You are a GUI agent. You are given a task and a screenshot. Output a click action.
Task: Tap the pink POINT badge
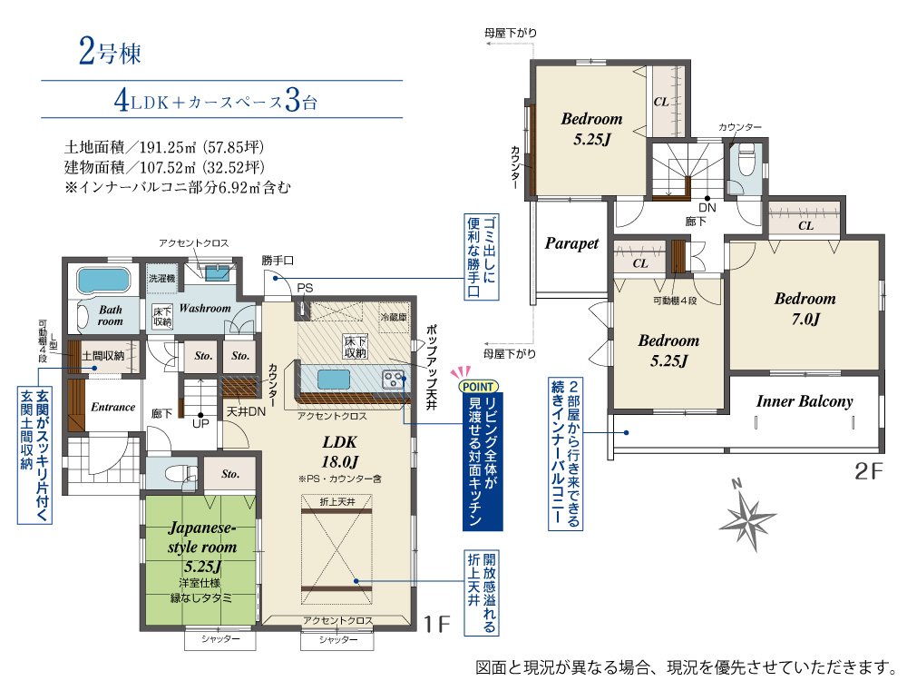tap(478, 386)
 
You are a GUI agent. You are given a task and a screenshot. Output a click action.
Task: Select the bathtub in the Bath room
tap(102, 281)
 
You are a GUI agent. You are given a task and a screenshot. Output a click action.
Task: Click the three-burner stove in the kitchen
tap(394, 380)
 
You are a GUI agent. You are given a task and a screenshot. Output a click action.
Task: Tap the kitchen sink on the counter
tap(334, 380)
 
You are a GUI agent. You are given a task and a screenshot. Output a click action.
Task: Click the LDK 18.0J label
tap(340, 451)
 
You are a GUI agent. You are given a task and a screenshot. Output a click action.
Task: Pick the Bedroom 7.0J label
tap(805, 309)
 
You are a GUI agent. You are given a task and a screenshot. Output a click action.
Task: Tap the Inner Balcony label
tap(804, 401)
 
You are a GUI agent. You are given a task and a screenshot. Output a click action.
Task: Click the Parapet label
tap(571, 243)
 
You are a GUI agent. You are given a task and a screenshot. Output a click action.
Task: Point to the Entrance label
tap(112, 407)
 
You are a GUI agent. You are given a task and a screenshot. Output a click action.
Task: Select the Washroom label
tap(205, 308)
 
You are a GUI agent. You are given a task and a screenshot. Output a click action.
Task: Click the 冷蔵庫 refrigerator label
tap(394, 317)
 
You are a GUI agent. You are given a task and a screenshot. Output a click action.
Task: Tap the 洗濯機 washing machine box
tap(162, 279)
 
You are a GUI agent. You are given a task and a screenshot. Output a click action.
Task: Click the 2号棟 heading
tap(110, 52)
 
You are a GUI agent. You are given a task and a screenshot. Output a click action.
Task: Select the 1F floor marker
tap(437, 625)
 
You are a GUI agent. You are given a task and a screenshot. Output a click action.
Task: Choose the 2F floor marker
tap(869, 470)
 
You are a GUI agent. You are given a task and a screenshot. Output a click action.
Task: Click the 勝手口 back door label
tap(278, 261)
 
